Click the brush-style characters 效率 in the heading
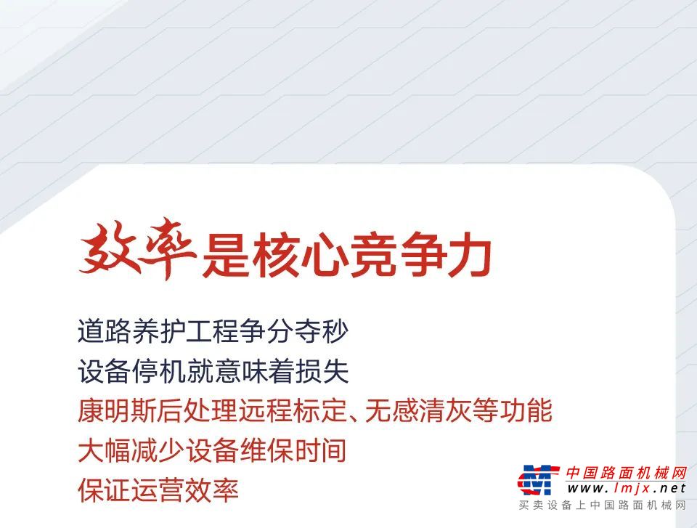pyautogui.click(x=138, y=248)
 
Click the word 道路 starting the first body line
pyautogui.click(x=105, y=331)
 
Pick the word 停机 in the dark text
pyautogui.click(x=159, y=371)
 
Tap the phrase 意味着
pyautogui.click(x=254, y=371)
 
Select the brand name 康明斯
pyautogui.click(x=118, y=410)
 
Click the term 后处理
pyautogui.click(x=200, y=410)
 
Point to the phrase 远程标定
pyautogui.click(x=294, y=410)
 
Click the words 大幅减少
pyautogui.click(x=131, y=450)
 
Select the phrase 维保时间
pyautogui.click(x=294, y=450)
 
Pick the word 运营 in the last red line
pyautogui.click(x=159, y=490)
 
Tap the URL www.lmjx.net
pyautogui.click(x=627, y=488)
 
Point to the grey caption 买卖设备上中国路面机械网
pyautogui.click(x=603, y=505)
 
